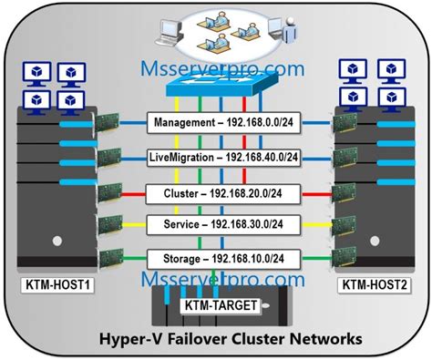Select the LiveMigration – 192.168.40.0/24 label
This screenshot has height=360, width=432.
[216, 157]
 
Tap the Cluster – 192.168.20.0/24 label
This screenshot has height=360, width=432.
[216, 193]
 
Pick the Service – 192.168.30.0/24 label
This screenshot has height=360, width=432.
[216, 223]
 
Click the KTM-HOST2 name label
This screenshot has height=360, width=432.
[374, 285]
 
